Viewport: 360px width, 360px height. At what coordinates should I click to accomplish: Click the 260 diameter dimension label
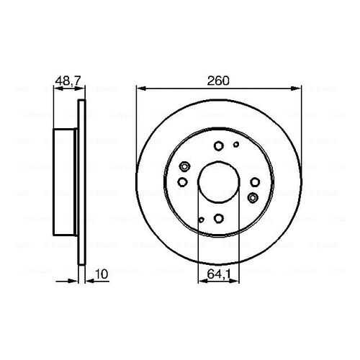218,81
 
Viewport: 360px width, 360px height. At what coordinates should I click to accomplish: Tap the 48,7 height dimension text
68,81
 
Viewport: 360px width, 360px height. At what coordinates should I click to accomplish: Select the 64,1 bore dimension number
219,274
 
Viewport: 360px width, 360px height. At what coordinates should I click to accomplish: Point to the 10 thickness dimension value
102,274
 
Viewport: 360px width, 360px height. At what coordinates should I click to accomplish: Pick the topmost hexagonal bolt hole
218,145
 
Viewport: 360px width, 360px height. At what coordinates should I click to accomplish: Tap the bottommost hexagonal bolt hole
218,218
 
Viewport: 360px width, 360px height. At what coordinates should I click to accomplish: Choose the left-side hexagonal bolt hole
182,182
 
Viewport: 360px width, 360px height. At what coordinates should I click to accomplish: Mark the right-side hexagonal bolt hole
255,182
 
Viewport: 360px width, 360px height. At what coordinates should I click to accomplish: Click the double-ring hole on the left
184,166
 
